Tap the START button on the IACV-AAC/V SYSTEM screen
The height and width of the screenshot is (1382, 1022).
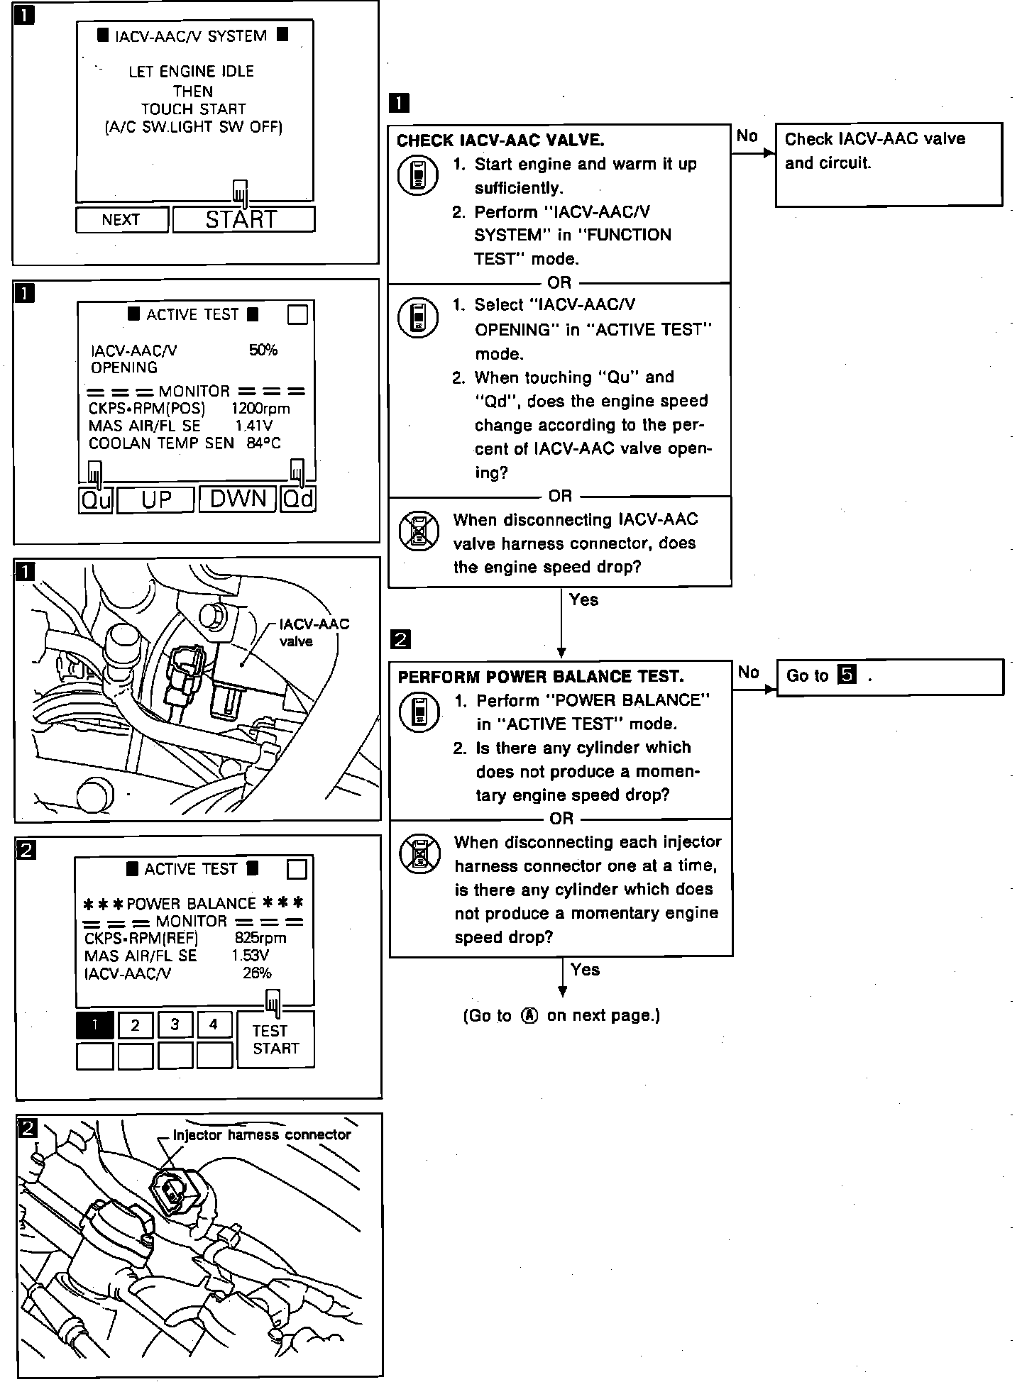click(243, 219)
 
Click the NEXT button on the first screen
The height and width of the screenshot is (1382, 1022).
click(121, 219)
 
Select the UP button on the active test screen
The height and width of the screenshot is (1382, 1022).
click(155, 499)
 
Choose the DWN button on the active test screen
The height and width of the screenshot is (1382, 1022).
click(238, 499)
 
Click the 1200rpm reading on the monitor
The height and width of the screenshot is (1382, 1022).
click(260, 409)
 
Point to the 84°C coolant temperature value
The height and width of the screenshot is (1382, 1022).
click(263, 443)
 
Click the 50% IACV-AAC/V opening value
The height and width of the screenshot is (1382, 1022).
click(263, 350)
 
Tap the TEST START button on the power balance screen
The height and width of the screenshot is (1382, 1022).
click(275, 1039)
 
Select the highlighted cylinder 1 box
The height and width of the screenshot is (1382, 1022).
click(94, 1024)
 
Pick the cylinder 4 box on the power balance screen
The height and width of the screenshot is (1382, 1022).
click(214, 1024)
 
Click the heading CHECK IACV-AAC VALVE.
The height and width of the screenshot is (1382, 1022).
click(500, 140)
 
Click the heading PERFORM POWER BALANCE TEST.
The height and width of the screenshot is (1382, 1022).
click(541, 676)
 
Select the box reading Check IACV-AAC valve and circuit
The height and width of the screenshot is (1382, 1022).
click(889, 164)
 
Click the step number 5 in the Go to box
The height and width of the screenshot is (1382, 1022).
click(847, 675)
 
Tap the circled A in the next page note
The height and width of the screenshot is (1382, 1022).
click(529, 1015)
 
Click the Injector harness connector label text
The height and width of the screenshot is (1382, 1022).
click(262, 1135)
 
